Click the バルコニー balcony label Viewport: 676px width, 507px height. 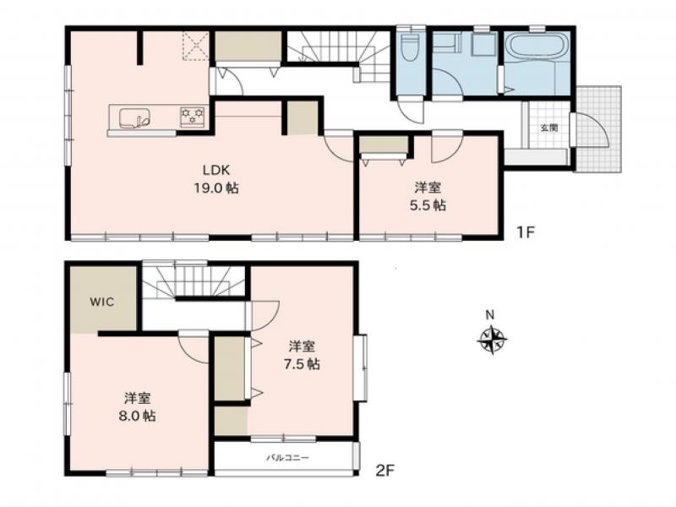coord(288,458)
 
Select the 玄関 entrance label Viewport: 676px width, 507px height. coord(548,128)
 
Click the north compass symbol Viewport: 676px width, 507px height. coord(492,340)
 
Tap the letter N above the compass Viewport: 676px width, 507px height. coord(490,314)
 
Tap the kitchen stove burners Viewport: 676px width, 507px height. coord(193,116)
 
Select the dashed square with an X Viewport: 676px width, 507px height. coord(196,46)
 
